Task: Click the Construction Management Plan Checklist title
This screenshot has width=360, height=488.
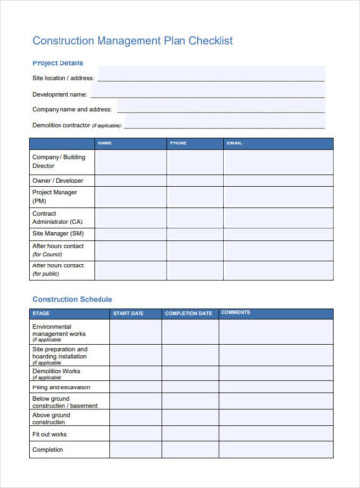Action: click(x=133, y=41)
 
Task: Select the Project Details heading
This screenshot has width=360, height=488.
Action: click(x=58, y=63)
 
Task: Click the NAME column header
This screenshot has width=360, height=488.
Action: click(x=105, y=143)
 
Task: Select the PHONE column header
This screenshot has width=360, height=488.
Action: click(x=178, y=143)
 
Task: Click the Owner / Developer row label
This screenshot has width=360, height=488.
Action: click(x=58, y=181)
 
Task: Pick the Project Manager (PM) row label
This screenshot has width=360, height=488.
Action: click(x=56, y=196)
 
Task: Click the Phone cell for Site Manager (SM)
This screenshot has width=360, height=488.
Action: click(x=194, y=234)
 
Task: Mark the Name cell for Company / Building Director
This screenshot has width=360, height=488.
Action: click(x=130, y=161)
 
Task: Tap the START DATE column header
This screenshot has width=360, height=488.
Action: click(x=129, y=313)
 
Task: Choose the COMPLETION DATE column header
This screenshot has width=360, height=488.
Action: click(x=188, y=313)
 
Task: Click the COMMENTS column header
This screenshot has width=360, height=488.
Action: click(x=236, y=313)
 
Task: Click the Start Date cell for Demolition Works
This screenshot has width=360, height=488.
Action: click(x=136, y=372)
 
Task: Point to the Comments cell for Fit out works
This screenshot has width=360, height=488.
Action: click(x=274, y=434)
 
